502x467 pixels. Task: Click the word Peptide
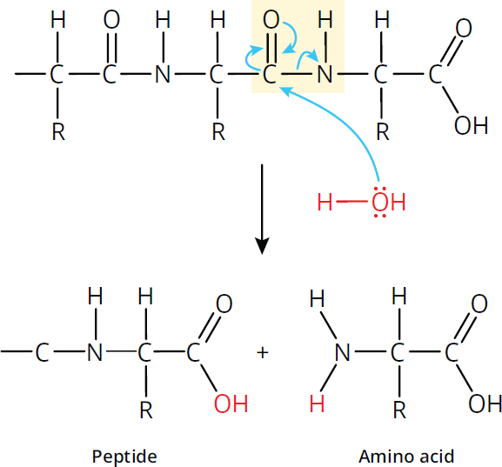click(x=124, y=457)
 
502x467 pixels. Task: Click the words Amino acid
click(x=406, y=456)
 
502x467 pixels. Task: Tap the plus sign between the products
click(x=263, y=353)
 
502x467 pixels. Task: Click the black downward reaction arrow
click(x=262, y=210)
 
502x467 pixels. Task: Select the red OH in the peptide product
click(x=231, y=404)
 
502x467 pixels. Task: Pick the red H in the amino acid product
click(x=317, y=404)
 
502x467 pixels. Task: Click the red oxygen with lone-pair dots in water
click(x=380, y=202)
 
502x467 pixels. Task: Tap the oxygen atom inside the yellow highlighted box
click(x=271, y=19)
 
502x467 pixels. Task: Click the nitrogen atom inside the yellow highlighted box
click(x=325, y=74)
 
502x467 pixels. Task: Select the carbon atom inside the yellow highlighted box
click(x=270, y=74)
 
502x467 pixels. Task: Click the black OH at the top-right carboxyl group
click(x=471, y=125)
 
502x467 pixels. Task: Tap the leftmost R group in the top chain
click(x=58, y=131)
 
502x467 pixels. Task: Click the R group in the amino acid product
click(x=399, y=410)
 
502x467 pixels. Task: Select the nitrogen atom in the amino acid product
click(x=342, y=353)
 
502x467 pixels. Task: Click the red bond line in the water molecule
click(x=351, y=202)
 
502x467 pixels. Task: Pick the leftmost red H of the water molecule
click(x=325, y=202)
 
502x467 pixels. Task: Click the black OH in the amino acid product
click(x=485, y=404)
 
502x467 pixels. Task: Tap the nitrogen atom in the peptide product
click(x=95, y=352)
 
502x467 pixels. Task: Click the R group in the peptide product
click(x=146, y=410)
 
